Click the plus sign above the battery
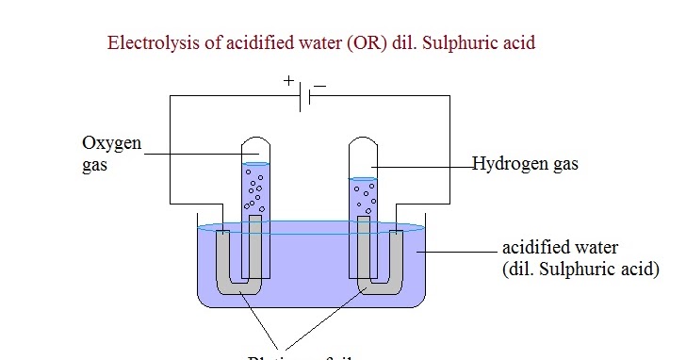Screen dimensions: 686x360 click(x=289, y=81)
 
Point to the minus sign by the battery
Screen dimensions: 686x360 click(x=319, y=85)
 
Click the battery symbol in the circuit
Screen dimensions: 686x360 click(x=304, y=97)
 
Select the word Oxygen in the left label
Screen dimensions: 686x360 click(x=111, y=143)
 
